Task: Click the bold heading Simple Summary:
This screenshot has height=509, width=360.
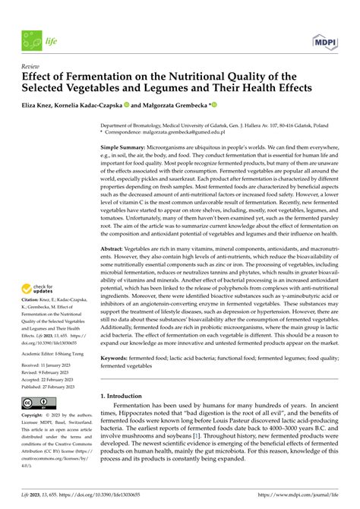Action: (125, 146)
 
